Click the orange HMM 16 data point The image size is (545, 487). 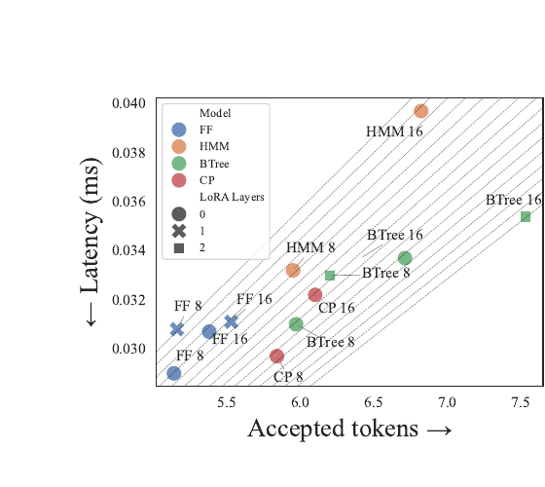(420, 111)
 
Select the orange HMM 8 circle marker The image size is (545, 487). (293, 270)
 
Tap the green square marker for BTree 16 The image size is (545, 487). (526, 216)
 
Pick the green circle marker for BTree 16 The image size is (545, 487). (405, 258)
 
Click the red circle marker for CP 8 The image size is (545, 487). (277, 356)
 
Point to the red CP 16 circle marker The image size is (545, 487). (315, 294)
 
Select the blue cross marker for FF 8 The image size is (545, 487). (177, 329)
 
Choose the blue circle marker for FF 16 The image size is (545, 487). (209, 331)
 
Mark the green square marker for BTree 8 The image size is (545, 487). (330, 276)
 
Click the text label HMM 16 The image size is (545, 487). (394, 131)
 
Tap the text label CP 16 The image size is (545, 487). (337, 308)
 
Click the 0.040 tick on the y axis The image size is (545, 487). (128, 103)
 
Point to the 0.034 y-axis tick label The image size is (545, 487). (128, 250)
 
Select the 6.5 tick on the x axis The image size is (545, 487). (374, 402)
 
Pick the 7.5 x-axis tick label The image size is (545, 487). (521, 402)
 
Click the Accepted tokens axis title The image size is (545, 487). (349, 429)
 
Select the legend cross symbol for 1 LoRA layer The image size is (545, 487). (179, 231)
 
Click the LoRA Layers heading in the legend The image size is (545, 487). (232, 197)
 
